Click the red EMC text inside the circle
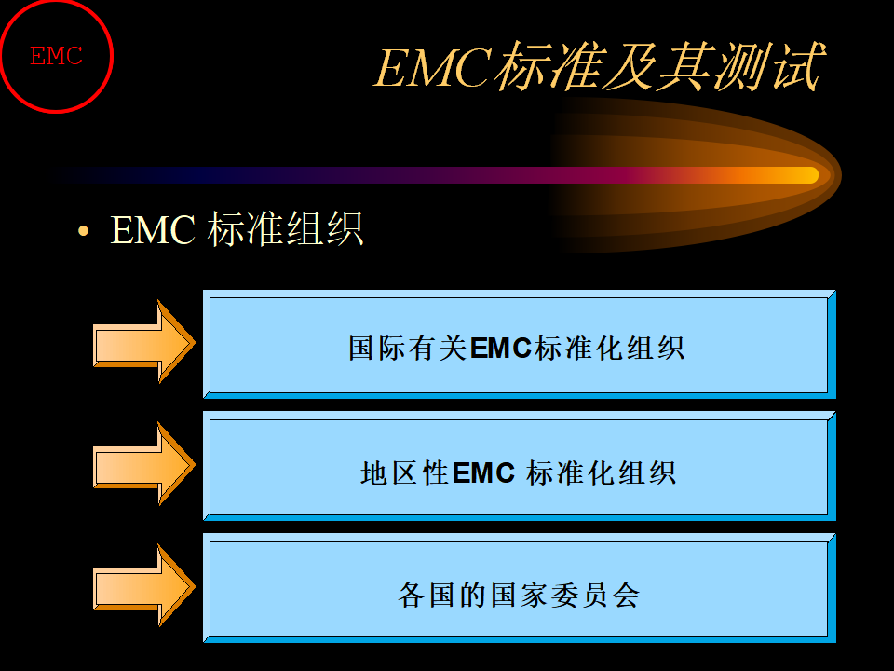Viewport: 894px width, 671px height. pyautogui.click(x=57, y=56)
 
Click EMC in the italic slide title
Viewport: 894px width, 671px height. pyautogui.click(x=433, y=67)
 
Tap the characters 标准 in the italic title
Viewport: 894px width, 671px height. pyautogui.click(x=548, y=66)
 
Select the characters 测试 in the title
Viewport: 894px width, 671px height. pyautogui.click(x=770, y=66)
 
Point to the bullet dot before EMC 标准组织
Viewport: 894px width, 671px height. pyautogui.click(x=83, y=230)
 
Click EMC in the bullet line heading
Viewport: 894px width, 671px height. pyautogui.click(x=152, y=230)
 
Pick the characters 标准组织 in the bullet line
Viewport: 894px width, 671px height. pyautogui.click(x=285, y=229)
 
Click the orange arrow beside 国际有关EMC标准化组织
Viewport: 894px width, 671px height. pyautogui.click(x=144, y=341)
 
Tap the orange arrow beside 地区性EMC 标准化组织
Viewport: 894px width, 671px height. pyautogui.click(x=144, y=463)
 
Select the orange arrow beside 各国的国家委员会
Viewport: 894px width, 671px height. pyautogui.click(x=144, y=585)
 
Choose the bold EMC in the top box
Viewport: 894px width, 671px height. pyautogui.click(x=501, y=348)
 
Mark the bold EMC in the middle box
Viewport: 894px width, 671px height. pyautogui.click(x=483, y=473)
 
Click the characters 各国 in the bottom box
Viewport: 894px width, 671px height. pyautogui.click(x=426, y=596)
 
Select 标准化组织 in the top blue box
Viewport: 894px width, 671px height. pyautogui.click(x=609, y=348)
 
